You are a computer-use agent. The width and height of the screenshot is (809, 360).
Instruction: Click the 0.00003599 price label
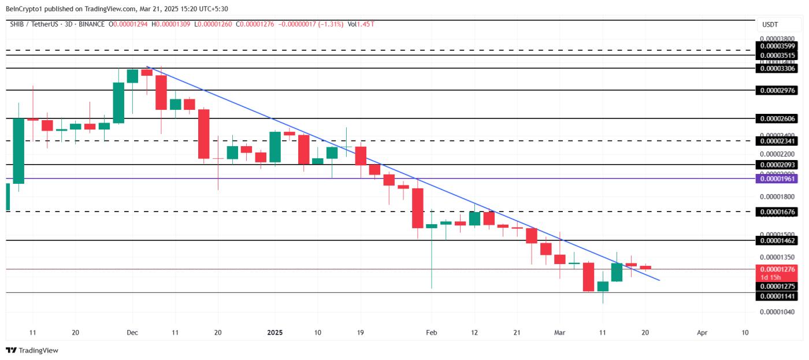pyautogui.click(x=778, y=46)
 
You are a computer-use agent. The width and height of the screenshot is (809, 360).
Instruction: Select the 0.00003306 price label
pyautogui.click(x=778, y=68)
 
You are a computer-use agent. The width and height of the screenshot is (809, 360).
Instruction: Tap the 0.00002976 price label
pyautogui.click(x=778, y=90)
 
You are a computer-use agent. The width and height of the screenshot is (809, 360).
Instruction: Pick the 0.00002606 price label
pyautogui.click(x=778, y=118)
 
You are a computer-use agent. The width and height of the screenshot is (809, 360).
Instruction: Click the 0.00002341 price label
pyautogui.click(x=778, y=140)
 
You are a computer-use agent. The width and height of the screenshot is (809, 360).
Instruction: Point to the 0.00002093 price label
pyautogui.click(x=778, y=165)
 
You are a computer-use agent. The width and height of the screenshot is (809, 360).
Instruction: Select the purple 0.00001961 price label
pyautogui.click(x=778, y=179)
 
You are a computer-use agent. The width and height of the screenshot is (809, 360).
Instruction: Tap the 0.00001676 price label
pyautogui.click(x=778, y=212)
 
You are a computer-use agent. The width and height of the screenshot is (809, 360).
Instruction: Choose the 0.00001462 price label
pyautogui.click(x=778, y=240)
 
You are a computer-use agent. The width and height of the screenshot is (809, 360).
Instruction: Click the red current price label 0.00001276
pyautogui.click(x=778, y=269)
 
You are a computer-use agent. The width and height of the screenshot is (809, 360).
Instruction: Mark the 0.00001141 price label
pyautogui.click(x=778, y=296)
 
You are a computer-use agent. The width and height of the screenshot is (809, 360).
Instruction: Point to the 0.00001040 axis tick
pyautogui.click(x=777, y=312)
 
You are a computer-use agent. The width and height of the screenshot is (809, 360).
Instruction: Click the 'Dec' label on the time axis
pyautogui.click(x=132, y=333)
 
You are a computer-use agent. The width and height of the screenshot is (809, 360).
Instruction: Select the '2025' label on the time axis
pyautogui.click(x=274, y=333)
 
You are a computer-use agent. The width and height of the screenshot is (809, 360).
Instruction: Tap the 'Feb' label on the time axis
pyautogui.click(x=431, y=333)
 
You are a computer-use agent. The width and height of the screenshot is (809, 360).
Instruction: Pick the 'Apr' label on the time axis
pyautogui.click(x=702, y=333)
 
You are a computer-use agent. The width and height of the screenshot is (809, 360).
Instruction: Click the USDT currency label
pyautogui.click(x=770, y=25)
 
